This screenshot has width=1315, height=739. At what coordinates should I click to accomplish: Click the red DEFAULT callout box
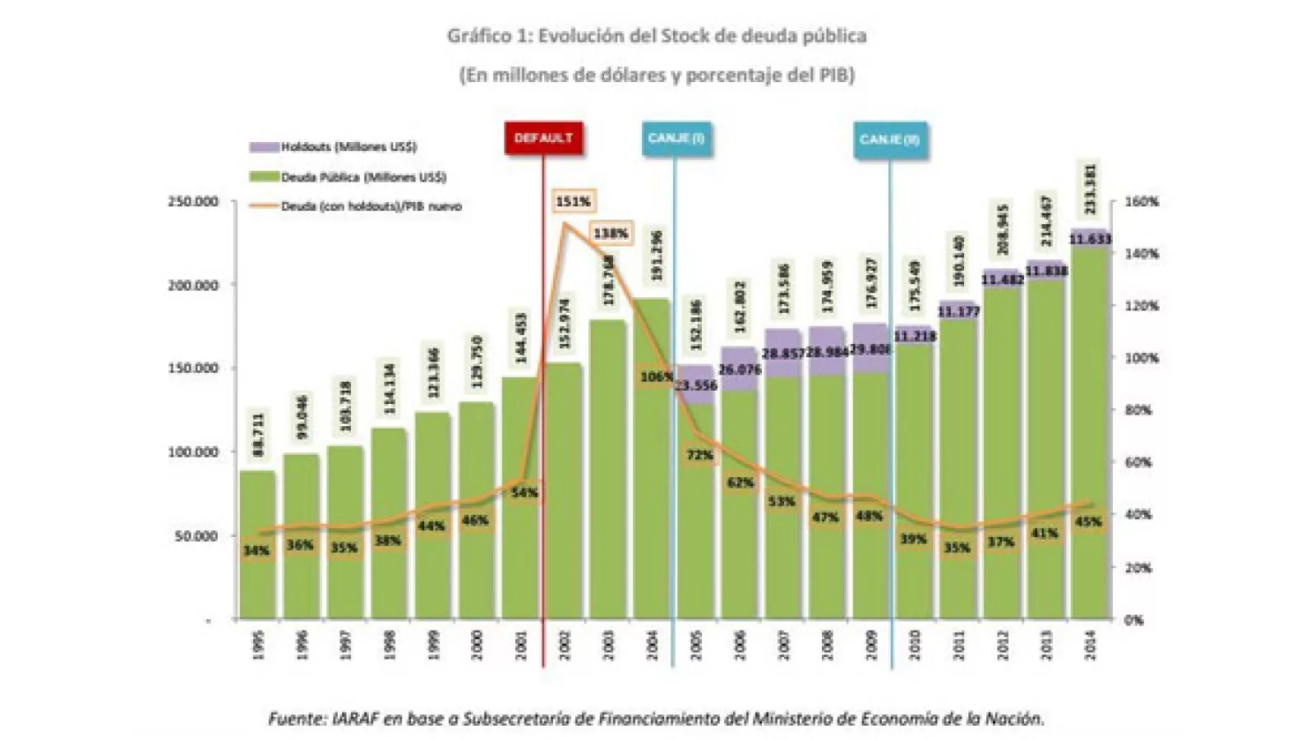click(543, 138)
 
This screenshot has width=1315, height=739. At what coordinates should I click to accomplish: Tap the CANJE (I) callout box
click(676, 138)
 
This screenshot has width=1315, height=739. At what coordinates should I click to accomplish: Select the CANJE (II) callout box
click(889, 139)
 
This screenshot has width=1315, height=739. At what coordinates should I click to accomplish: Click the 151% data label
click(573, 201)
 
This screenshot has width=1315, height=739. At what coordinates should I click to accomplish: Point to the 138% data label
click(611, 234)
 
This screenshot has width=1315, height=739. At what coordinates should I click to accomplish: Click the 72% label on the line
click(699, 455)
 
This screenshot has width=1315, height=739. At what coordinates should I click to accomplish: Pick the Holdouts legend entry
click(333, 147)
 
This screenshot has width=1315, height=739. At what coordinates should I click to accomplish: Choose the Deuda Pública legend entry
click(348, 177)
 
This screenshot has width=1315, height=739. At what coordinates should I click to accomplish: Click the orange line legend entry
click(355, 207)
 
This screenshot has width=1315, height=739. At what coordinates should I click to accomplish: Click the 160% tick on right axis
click(1142, 202)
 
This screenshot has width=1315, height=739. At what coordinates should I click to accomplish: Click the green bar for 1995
click(257, 575)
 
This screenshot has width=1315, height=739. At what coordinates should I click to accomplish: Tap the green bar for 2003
click(609, 493)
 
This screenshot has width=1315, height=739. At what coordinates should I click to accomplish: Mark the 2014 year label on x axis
click(1091, 645)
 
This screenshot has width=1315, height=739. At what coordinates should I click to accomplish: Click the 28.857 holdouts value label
click(783, 353)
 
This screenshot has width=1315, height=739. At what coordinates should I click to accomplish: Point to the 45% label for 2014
click(1088, 521)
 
